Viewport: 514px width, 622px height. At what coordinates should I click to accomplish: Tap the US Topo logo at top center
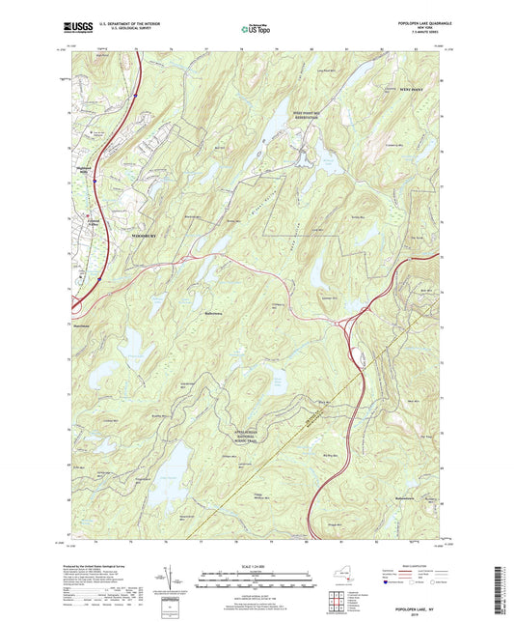[x=255, y=30]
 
